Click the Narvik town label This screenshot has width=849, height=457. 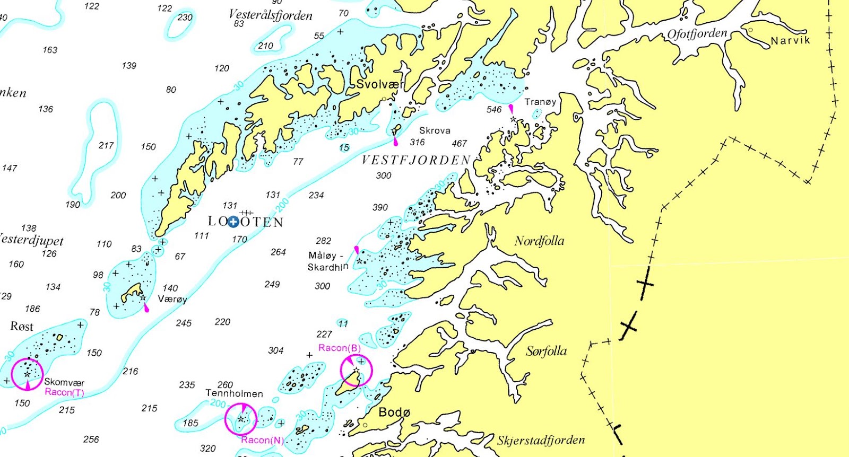click(x=790, y=40)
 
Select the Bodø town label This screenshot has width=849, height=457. click(x=394, y=412)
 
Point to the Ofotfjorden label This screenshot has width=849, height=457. click(x=697, y=34)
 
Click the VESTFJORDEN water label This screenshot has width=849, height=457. click(x=416, y=160)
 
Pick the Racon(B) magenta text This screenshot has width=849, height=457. click(x=339, y=348)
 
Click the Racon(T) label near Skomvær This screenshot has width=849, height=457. click(x=64, y=392)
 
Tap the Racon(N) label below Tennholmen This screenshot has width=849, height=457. click(x=262, y=440)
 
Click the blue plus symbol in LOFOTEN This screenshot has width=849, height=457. click(x=232, y=222)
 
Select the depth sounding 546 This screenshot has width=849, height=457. click(x=493, y=109)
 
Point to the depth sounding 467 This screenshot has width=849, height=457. click(x=459, y=143)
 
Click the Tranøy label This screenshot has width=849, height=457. click(x=540, y=102)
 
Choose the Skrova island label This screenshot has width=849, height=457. click(x=435, y=130)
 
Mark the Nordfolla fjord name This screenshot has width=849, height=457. click(x=539, y=241)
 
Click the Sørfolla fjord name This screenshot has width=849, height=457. click(x=546, y=351)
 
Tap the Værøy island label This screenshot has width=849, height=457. click(x=172, y=299)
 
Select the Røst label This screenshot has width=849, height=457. click(x=22, y=326)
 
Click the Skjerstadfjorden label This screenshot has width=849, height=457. click(x=541, y=440)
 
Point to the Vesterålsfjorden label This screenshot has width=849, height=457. click(x=270, y=15)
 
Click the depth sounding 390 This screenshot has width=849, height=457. click(x=380, y=207)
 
